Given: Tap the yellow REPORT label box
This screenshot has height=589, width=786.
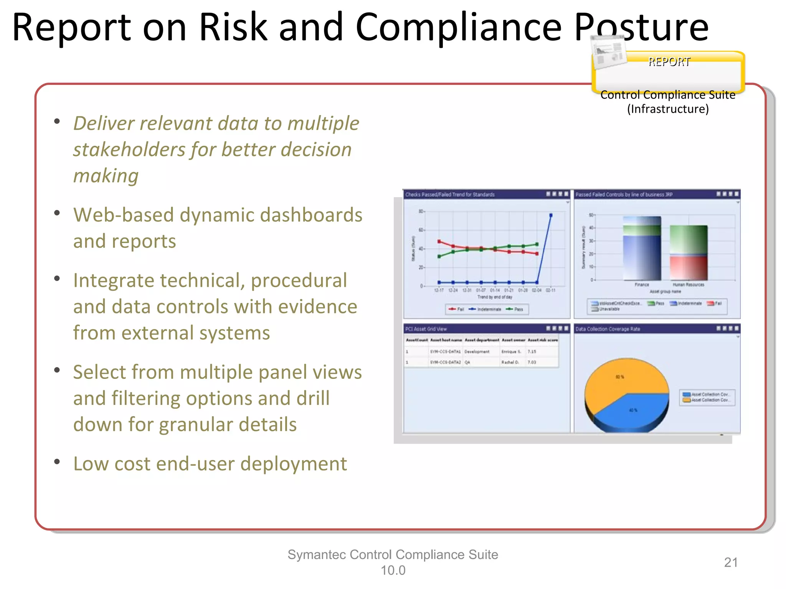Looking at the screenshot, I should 669,71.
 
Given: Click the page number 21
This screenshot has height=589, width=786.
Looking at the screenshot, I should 731,562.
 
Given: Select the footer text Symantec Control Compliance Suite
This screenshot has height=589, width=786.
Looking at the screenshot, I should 393,554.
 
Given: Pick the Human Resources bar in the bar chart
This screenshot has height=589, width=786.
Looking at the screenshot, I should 689,253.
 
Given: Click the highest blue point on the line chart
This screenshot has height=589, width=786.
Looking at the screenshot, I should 551,216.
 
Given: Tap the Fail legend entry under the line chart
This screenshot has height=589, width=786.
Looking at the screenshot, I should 457,309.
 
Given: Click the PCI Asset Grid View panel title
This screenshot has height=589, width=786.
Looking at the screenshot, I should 426,329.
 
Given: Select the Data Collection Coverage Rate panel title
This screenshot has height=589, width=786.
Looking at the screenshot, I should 608,329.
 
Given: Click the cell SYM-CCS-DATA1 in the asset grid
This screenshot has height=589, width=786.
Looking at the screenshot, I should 445,352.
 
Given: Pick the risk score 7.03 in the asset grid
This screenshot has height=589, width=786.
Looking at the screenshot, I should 532,362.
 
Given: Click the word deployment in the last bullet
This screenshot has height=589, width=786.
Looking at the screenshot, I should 294,464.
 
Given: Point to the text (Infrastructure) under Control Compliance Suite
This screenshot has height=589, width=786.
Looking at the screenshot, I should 668,109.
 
